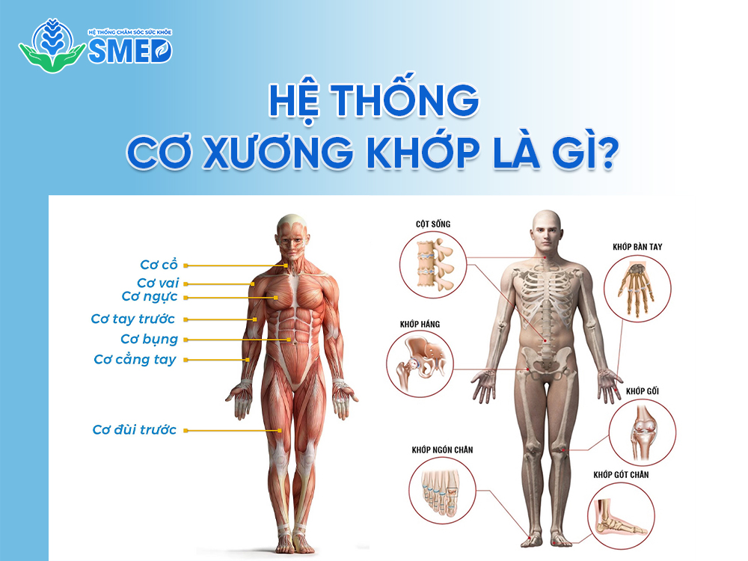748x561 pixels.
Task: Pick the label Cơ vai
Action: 158,283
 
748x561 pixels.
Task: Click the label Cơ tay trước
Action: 133,319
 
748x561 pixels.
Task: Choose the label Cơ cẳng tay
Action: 135,360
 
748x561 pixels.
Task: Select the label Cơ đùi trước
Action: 135,430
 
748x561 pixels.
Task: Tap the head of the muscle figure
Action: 291,233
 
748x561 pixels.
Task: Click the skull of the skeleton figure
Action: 545,229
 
